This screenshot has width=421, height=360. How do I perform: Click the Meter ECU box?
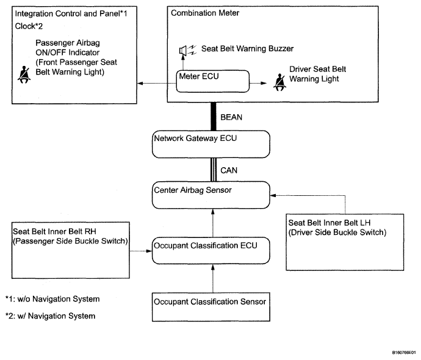(213, 81)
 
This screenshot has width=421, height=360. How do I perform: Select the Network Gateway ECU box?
(210, 144)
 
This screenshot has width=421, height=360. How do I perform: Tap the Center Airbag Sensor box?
(210, 195)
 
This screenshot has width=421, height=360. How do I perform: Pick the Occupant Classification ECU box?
(210, 250)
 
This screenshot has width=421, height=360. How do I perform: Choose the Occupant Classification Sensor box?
(210, 307)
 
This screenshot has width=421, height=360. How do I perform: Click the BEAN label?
(231, 117)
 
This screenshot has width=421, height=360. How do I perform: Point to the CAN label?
(229, 170)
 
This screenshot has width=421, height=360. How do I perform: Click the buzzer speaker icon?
(188, 50)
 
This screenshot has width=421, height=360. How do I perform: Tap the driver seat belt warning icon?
(279, 82)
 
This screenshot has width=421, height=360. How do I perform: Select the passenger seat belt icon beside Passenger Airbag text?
(24, 74)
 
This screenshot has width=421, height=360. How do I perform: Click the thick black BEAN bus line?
(213, 117)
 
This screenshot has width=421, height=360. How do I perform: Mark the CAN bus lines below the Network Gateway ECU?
(213, 170)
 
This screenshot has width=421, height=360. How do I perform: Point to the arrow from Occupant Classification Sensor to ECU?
(213, 278)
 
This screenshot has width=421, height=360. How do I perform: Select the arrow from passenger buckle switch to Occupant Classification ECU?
(141, 251)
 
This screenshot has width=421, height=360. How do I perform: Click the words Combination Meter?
(205, 13)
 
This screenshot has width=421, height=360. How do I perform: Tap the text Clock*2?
(29, 26)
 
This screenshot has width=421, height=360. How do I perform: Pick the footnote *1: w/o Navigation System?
(52, 299)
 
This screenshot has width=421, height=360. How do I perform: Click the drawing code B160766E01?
(404, 352)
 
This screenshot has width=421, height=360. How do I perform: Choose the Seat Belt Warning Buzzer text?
(247, 49)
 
